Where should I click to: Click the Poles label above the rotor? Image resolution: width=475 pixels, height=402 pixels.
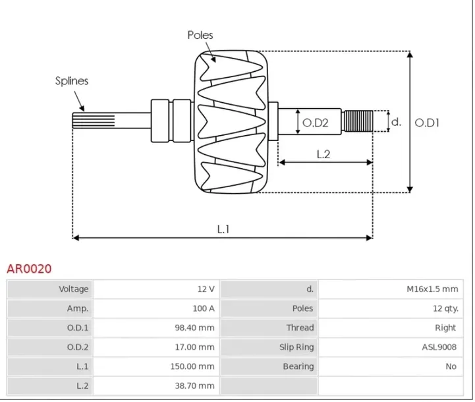tap(200, 35)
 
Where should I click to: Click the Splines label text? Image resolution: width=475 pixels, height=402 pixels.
tap(71, 81)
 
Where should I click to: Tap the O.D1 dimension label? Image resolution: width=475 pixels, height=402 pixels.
tap(427, 122)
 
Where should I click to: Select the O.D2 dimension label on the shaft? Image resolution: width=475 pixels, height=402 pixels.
tap(315, 122)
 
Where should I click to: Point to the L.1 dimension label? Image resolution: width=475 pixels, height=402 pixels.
tap(223, 229)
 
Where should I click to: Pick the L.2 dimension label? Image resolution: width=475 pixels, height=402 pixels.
tap(323, 154)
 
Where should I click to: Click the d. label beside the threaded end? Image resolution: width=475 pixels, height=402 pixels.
tap(396, 122)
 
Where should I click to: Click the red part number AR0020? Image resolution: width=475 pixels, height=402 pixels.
tap(29, 269)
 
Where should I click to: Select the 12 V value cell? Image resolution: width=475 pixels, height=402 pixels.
tap(206, 289)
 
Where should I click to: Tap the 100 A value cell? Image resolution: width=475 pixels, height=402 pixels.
tap(204, 308)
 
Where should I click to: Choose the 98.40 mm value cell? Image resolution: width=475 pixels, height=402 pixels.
tap(197, 328)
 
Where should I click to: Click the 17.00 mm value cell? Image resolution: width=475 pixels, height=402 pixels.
tap(197, 347)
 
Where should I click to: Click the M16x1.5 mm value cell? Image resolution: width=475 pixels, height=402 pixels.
tap(432, 289)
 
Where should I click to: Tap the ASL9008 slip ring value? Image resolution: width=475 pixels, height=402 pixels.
tap(439, 347)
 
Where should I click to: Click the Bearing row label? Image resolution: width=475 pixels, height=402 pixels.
tap(298, 366)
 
